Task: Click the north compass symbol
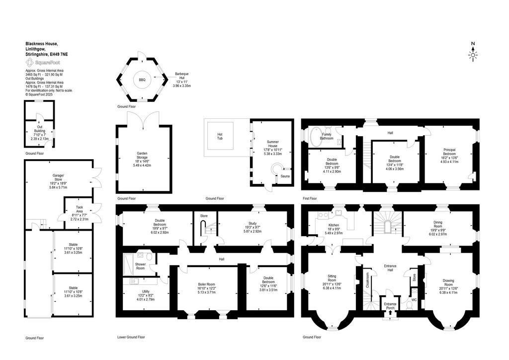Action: point(473,52)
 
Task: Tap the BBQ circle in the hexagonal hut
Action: point(142,80)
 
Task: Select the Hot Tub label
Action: point(220,136)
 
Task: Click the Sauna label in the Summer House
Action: point(285,176)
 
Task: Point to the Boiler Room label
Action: point(206,284)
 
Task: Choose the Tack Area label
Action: point(80,209)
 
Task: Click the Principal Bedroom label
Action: point(449,152)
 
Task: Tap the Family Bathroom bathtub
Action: point(315,138)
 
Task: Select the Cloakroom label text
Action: point(367,280)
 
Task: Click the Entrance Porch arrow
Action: point(390,313)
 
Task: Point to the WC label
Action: point(414,300)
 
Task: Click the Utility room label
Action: point(146,291)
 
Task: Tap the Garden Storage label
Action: point(142,156)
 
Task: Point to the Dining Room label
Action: point(438,224)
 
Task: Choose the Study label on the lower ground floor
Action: point(253,223)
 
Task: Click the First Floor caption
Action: point(310,198)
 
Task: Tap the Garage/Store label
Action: point(59,178)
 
